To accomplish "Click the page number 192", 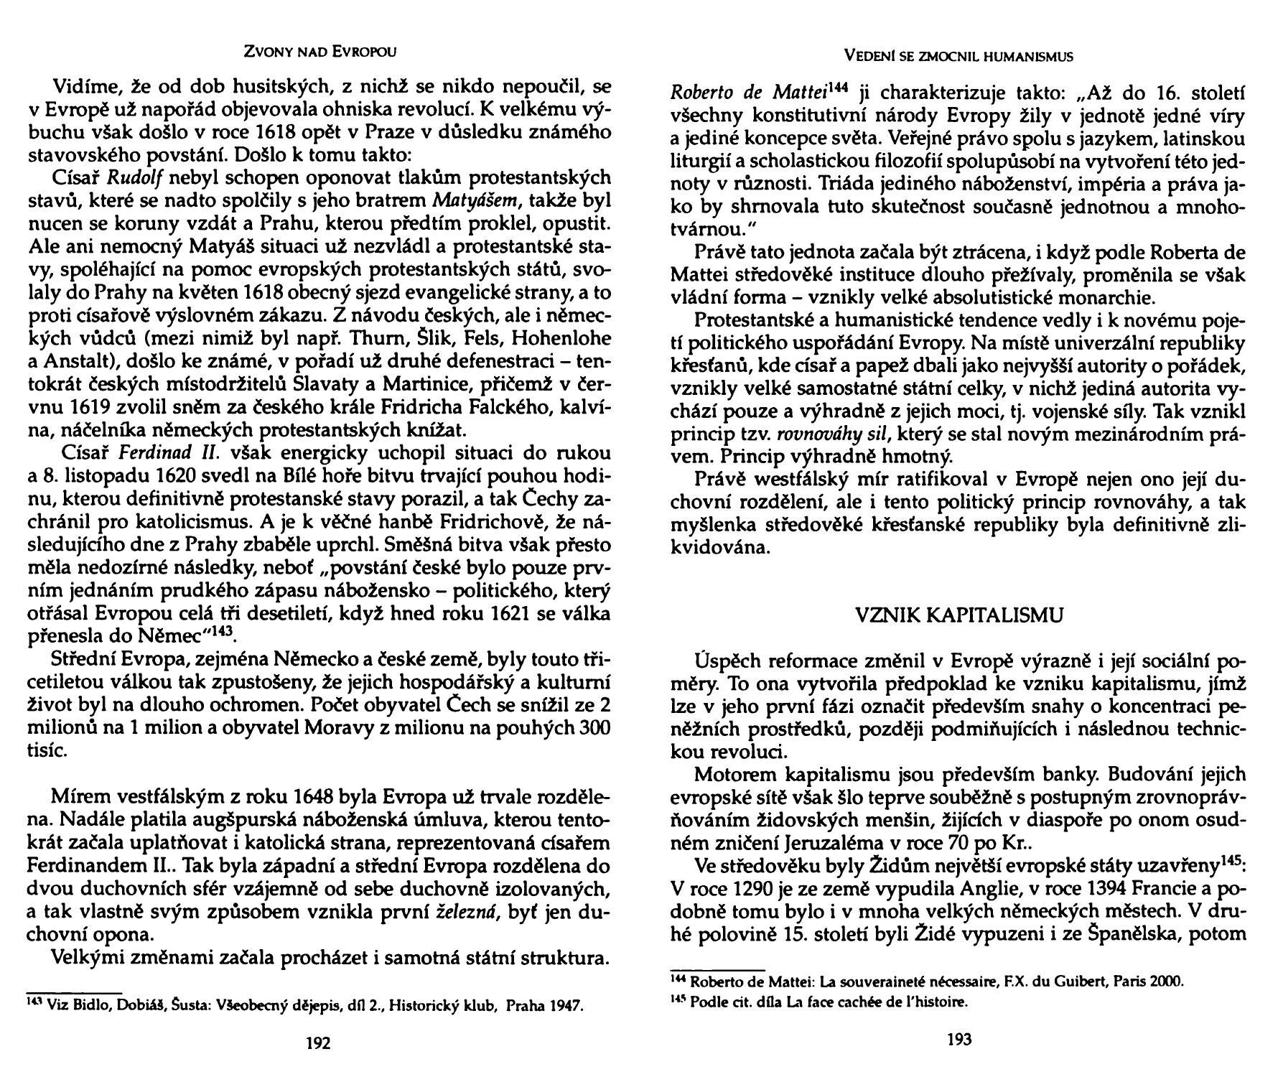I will pos(318,1043).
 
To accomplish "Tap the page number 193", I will pos(959,1039).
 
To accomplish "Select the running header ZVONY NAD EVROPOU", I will pos(320,52).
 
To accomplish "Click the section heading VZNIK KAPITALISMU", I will pos(959,615).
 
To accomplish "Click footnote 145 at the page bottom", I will pos(676,999).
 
